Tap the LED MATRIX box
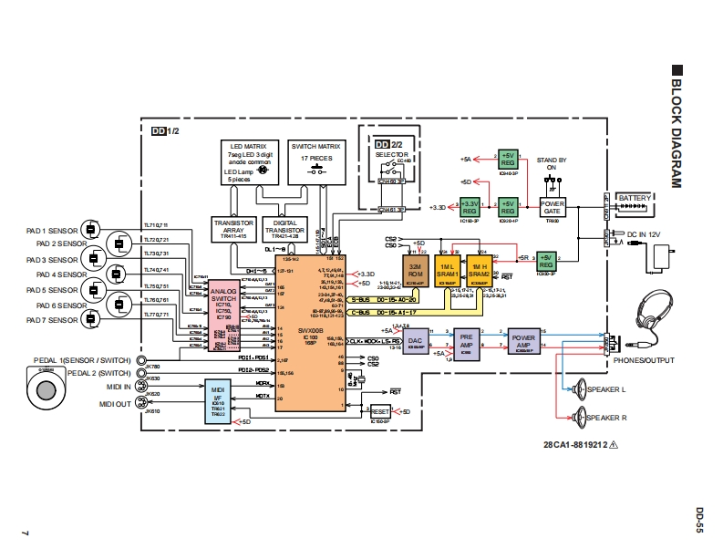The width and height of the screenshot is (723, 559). click(x=249, y=162)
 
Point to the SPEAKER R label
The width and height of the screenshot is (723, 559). click(x=607, y=418)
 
